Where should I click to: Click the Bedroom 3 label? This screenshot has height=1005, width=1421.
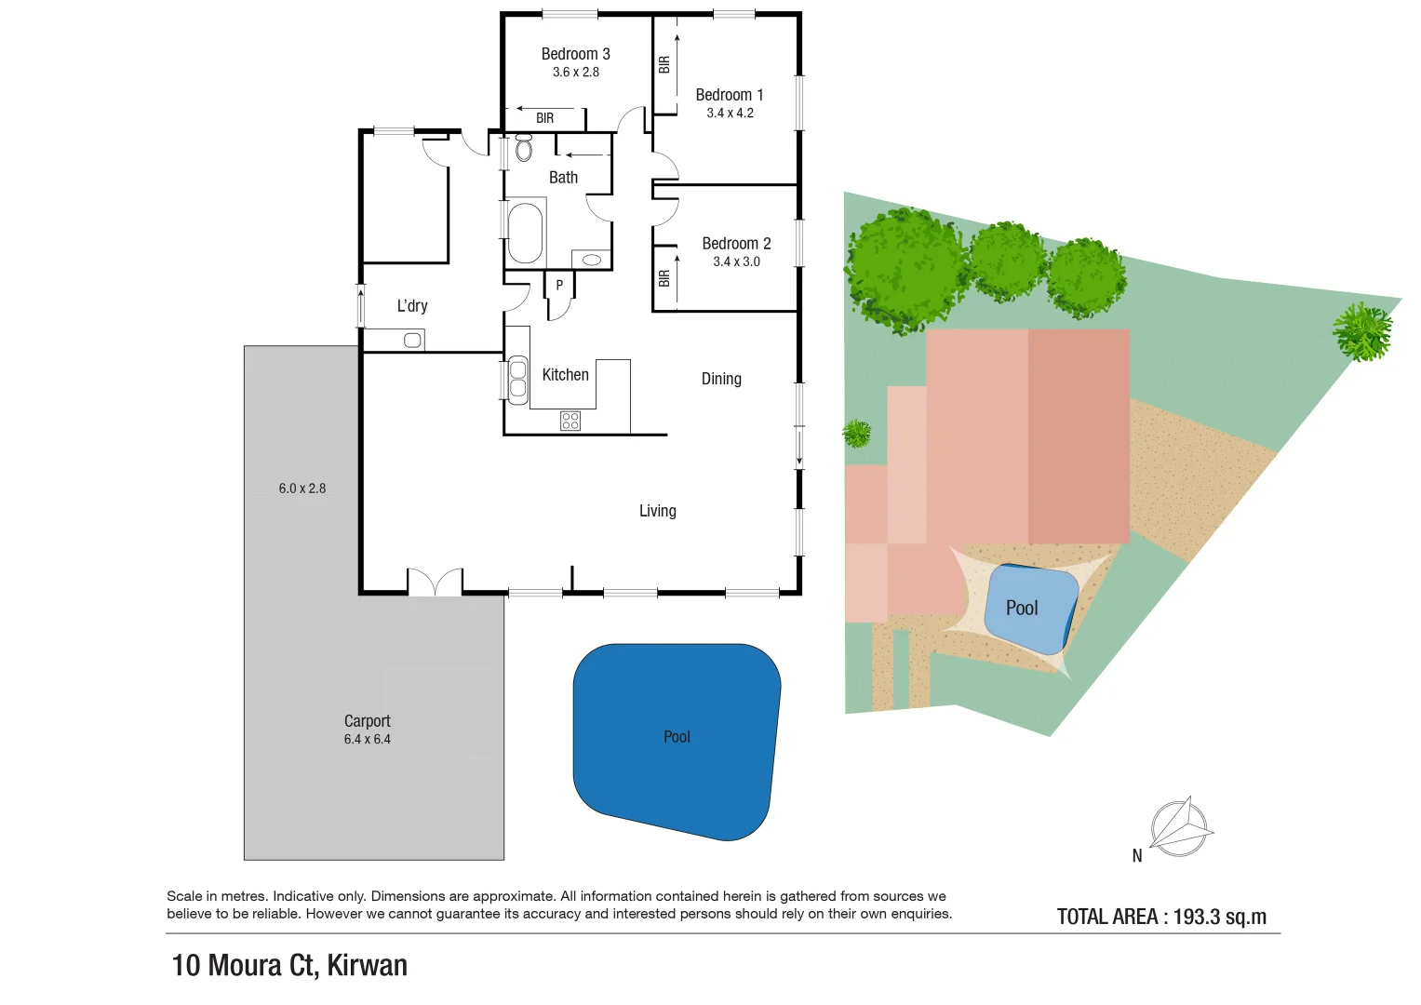[575, 54]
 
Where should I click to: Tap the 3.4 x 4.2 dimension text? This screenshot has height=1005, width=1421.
[730, 113]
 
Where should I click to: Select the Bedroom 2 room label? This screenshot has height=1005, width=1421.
[736, 244]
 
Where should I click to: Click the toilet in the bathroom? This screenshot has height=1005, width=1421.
[524, 147]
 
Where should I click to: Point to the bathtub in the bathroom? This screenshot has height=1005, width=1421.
[526, 233]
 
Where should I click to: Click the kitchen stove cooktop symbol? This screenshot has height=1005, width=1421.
[570, 421]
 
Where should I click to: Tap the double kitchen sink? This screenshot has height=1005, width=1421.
[517, 380]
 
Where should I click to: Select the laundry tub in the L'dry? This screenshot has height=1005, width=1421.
[412, 341]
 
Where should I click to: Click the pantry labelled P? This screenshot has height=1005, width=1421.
[559, 286]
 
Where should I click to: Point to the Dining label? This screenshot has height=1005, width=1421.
[721, 379]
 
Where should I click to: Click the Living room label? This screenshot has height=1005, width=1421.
[657, 511]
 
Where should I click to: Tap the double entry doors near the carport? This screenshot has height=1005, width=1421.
[435, 583]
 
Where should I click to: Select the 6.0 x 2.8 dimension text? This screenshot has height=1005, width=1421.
[302, 489]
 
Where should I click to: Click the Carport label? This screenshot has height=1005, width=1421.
[368, 721]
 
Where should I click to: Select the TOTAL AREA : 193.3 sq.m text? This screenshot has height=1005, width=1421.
[1161, 917]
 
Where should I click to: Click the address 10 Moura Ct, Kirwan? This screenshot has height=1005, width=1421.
[289, 965]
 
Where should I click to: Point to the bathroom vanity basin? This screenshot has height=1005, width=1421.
[591, 260]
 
